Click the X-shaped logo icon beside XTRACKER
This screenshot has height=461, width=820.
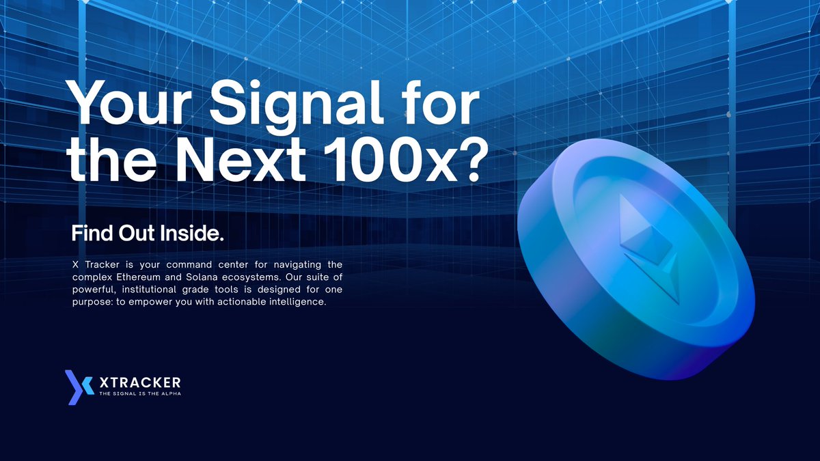click(x=79, y=387)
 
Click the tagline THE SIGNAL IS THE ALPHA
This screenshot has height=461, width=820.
click(x=140, y=394)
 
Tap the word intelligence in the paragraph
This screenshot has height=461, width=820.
click(x=300, y=303)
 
